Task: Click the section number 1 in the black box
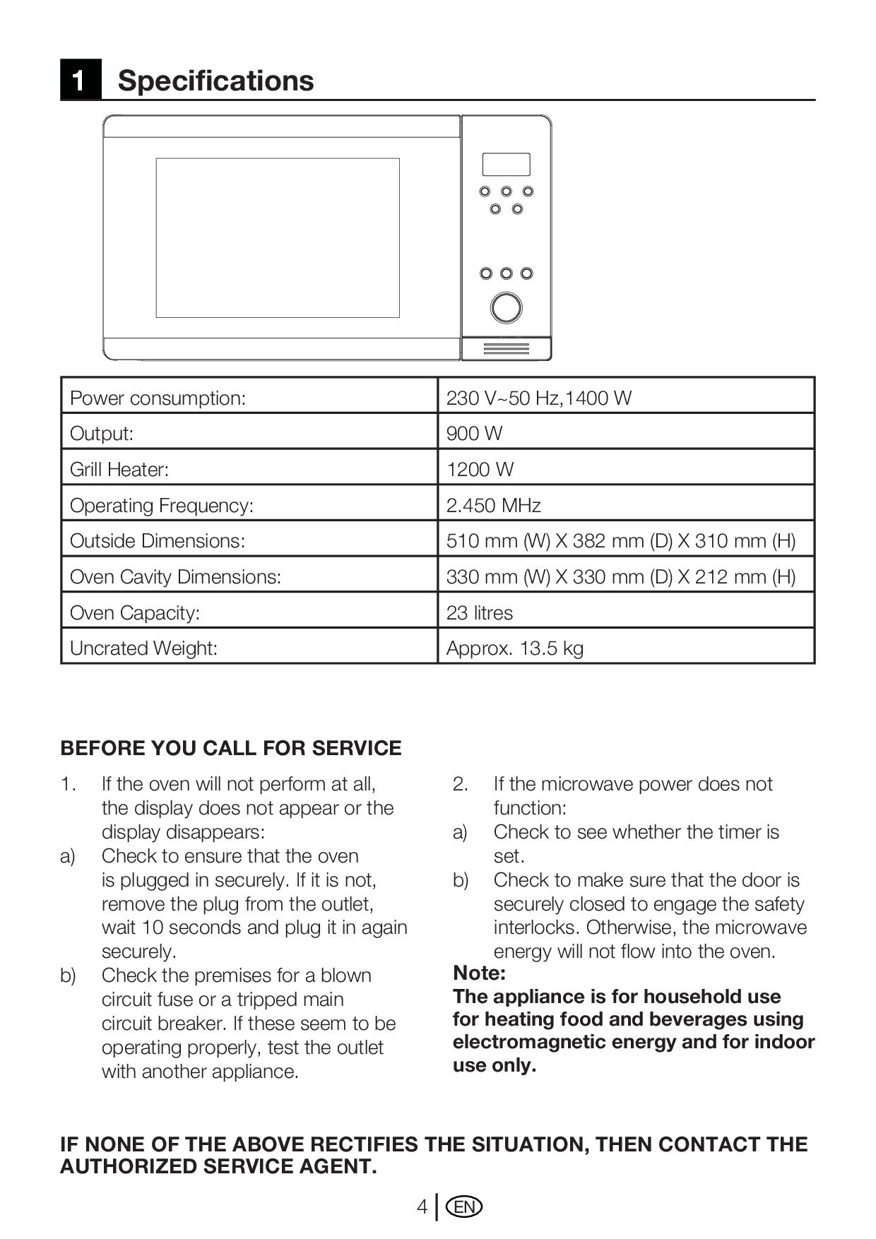80,80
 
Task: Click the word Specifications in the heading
215,81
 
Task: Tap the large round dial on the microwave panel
506,308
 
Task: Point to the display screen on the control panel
506,165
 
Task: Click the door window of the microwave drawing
278,237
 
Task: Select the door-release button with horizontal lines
506,349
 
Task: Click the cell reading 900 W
474,433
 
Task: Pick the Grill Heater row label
119,469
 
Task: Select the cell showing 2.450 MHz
493,505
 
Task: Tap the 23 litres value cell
479,612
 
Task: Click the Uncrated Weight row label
143,648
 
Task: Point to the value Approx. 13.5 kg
514,648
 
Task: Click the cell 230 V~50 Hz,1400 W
538,398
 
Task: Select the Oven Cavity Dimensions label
175,576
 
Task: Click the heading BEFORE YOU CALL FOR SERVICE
230,748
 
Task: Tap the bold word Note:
479,973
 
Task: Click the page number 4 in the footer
422,1207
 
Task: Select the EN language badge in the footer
464,1207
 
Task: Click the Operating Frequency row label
161,505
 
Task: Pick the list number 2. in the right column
461,784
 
